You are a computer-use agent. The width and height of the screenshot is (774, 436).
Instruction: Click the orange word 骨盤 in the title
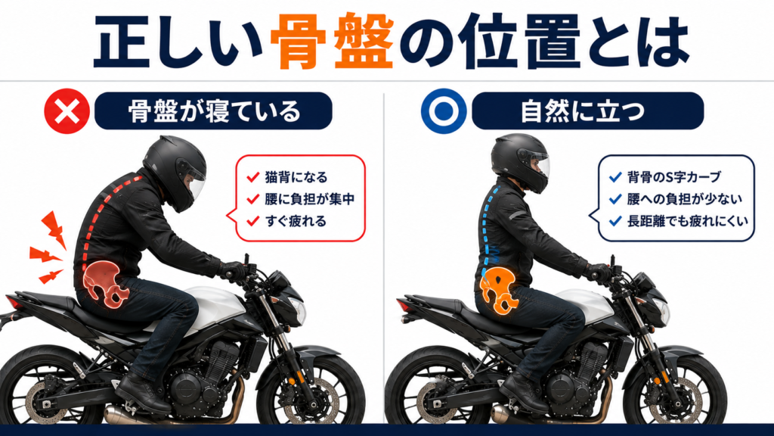pos(333,42)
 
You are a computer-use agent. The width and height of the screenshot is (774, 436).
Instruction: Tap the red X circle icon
pos(67,111)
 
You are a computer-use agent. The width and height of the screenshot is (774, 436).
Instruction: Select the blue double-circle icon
pos(444,111)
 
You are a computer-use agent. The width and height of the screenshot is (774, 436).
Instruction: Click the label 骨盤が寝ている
pos(214,111)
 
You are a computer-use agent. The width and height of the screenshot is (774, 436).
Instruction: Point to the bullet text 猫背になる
pos(296,177)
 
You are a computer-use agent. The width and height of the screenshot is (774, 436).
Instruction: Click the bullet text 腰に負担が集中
pos(309,199)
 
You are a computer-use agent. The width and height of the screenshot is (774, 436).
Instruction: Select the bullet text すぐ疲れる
pos(296,221)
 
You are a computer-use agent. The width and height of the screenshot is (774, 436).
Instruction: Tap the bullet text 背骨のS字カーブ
pos(673,176)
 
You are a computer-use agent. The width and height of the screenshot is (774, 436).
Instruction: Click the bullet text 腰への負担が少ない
pos(685,199)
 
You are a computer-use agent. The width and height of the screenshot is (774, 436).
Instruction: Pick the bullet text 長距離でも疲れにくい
pos(688,221)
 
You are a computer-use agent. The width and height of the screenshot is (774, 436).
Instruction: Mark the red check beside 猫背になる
pos(252,177)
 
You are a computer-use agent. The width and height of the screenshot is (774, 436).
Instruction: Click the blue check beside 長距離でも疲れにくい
pos(615,221)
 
